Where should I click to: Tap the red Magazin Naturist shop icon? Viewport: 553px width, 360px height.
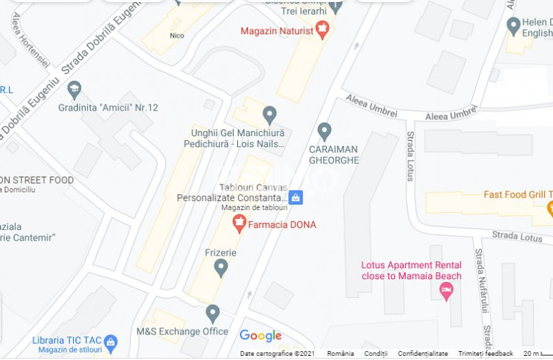321,28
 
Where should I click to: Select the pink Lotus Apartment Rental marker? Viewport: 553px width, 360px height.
446,291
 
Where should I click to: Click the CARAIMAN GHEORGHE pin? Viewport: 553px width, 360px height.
324,130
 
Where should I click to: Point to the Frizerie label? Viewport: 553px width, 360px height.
221,253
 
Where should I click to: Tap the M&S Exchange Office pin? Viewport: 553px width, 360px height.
213,314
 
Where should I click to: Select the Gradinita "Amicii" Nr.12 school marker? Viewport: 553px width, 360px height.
74,90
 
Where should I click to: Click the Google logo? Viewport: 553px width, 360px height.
261,336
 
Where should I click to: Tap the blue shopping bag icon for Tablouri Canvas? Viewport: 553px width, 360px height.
295,198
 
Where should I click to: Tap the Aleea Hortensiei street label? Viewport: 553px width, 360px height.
30,39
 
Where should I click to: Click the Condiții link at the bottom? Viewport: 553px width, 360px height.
375,354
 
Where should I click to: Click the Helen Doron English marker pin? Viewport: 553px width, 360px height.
513,26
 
